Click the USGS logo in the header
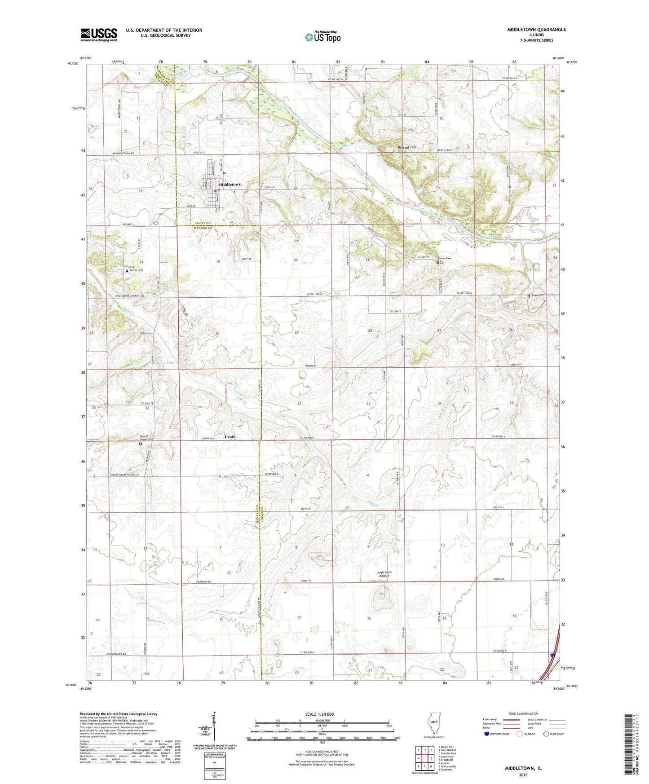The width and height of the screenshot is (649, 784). click(99, 35)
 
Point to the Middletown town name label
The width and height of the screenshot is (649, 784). click(230, 185)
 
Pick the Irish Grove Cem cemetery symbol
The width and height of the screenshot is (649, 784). click(127, 271)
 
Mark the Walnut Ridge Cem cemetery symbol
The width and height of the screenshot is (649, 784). click(141, 444)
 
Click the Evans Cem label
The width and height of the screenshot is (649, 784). click(538, 295)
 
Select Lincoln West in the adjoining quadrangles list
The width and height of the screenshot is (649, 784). click(449, 753)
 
